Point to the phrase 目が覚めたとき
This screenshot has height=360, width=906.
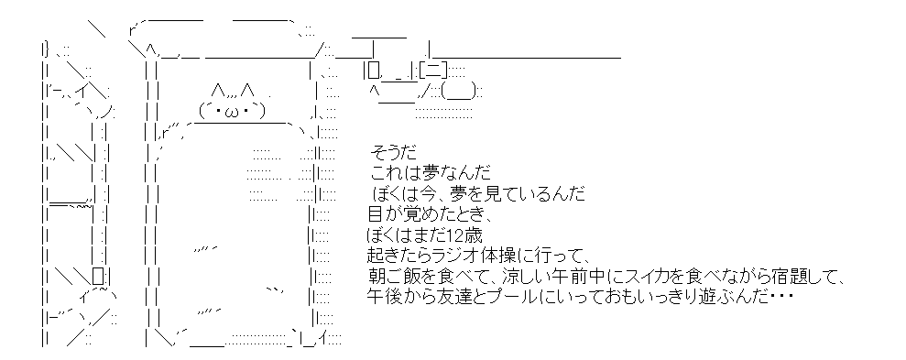(429, 215)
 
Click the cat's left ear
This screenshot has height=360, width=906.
(218, 91)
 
